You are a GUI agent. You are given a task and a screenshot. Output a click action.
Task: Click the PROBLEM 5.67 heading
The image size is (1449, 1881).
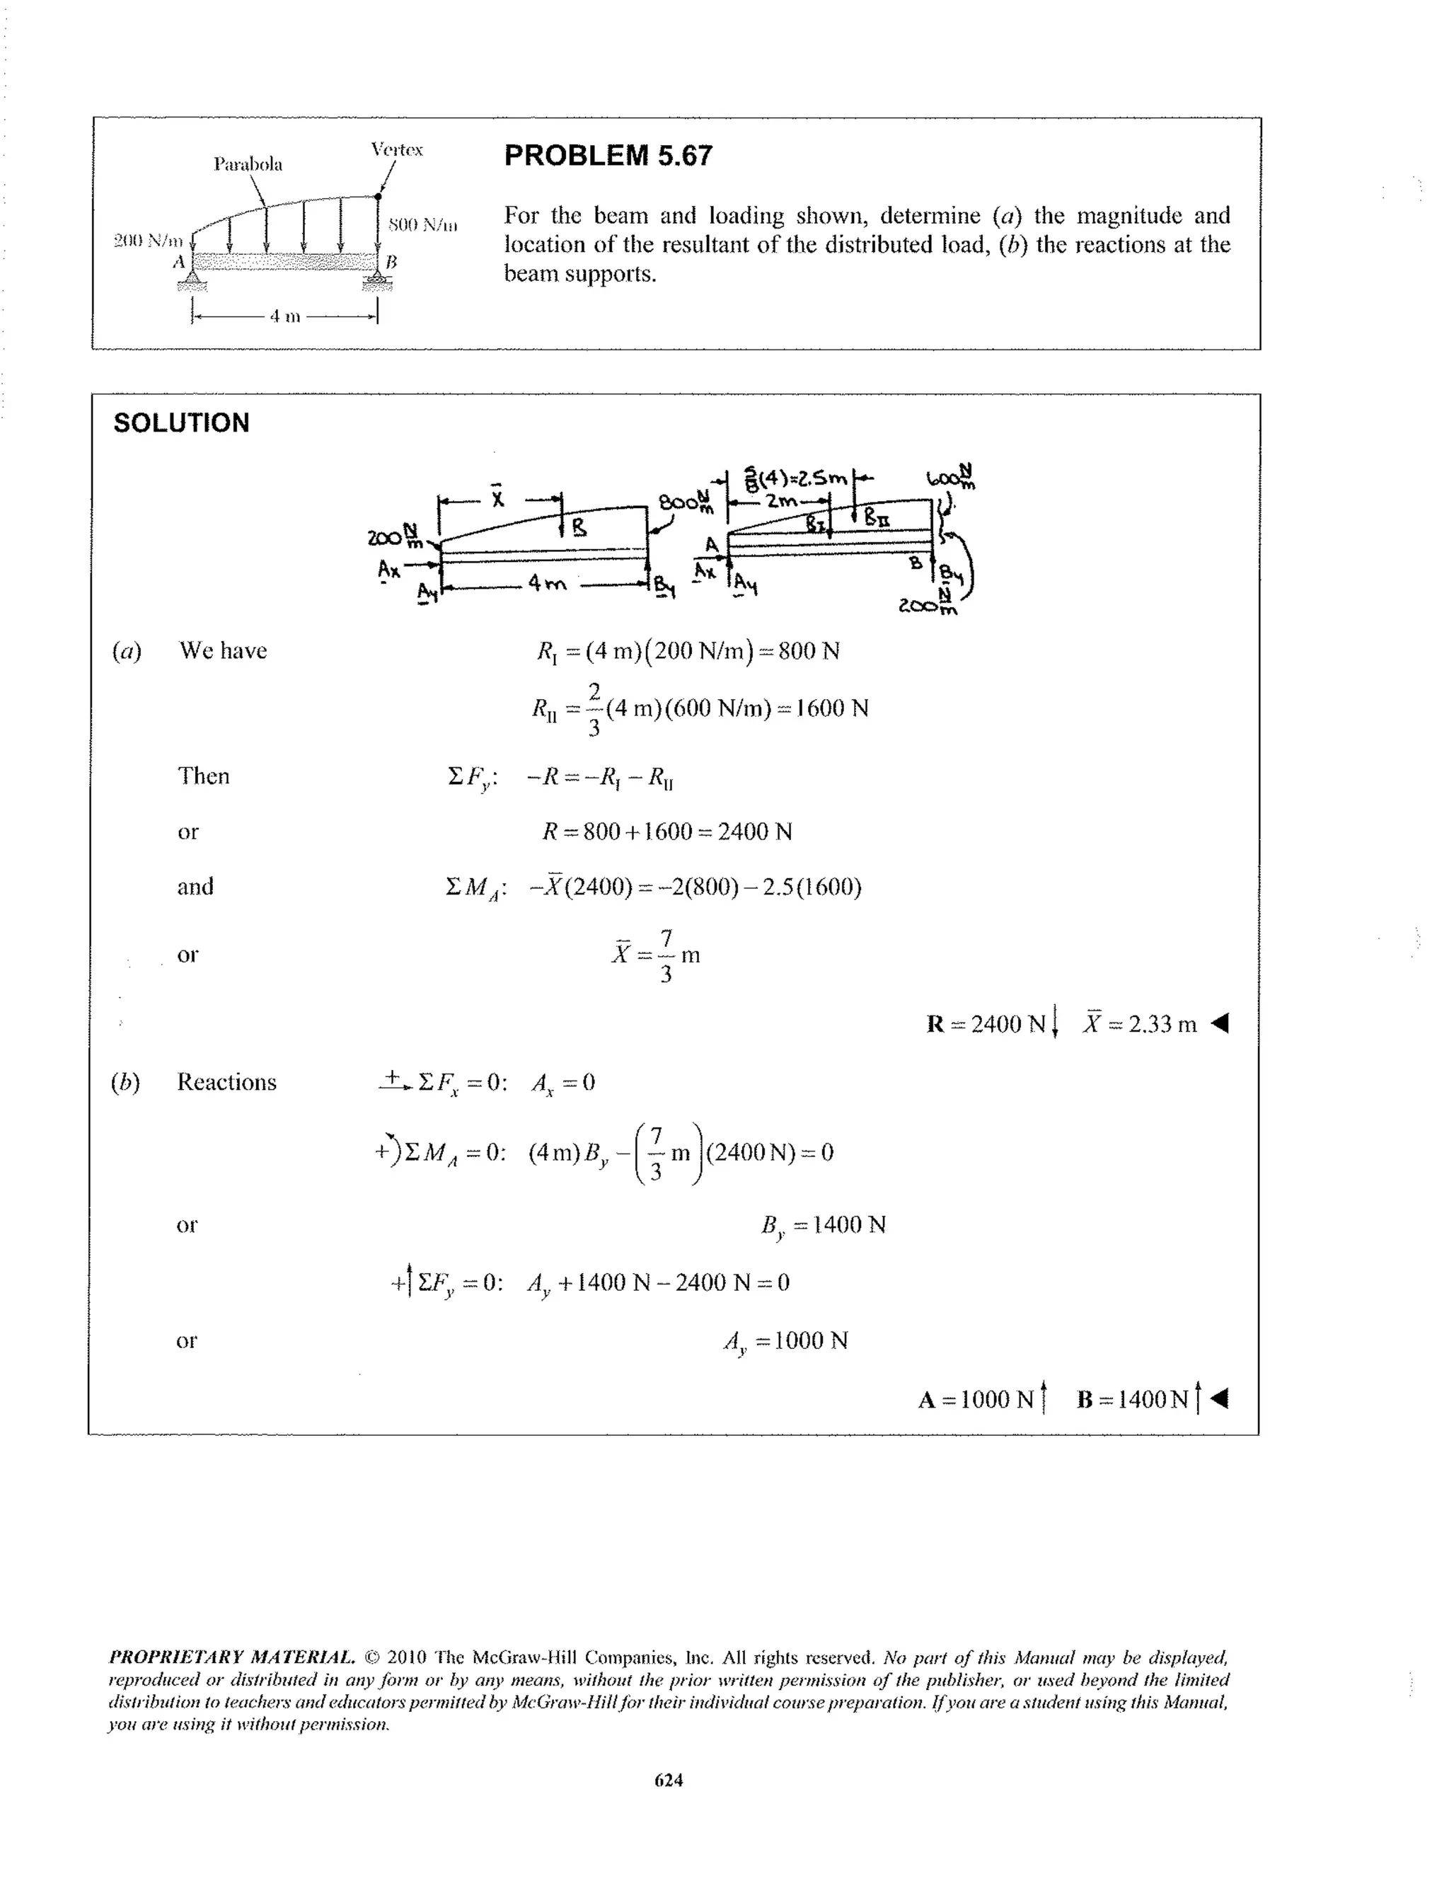coord(608,155)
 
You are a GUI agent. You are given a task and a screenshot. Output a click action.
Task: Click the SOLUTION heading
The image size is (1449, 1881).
coord(181,423)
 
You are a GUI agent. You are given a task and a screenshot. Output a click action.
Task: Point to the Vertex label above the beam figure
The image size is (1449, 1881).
coord(396,149)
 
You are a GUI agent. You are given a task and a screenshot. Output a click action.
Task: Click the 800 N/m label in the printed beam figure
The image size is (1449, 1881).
coord(422,225)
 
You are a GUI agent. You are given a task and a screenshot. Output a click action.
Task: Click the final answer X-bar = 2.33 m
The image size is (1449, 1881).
coord(1140,1023)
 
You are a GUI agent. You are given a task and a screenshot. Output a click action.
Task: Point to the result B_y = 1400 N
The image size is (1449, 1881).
coord(823,1225)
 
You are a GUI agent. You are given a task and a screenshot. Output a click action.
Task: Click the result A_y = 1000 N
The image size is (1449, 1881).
coord(786,1340)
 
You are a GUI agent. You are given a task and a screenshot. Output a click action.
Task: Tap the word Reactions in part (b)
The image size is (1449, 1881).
coord(226,1082)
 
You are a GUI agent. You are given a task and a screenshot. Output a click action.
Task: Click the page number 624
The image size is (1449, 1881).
coord(669,1779)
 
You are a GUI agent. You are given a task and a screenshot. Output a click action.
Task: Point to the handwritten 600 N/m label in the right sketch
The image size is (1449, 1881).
coord(950,476)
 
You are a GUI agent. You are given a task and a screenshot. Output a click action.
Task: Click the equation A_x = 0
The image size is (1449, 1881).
coord(563,1083)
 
